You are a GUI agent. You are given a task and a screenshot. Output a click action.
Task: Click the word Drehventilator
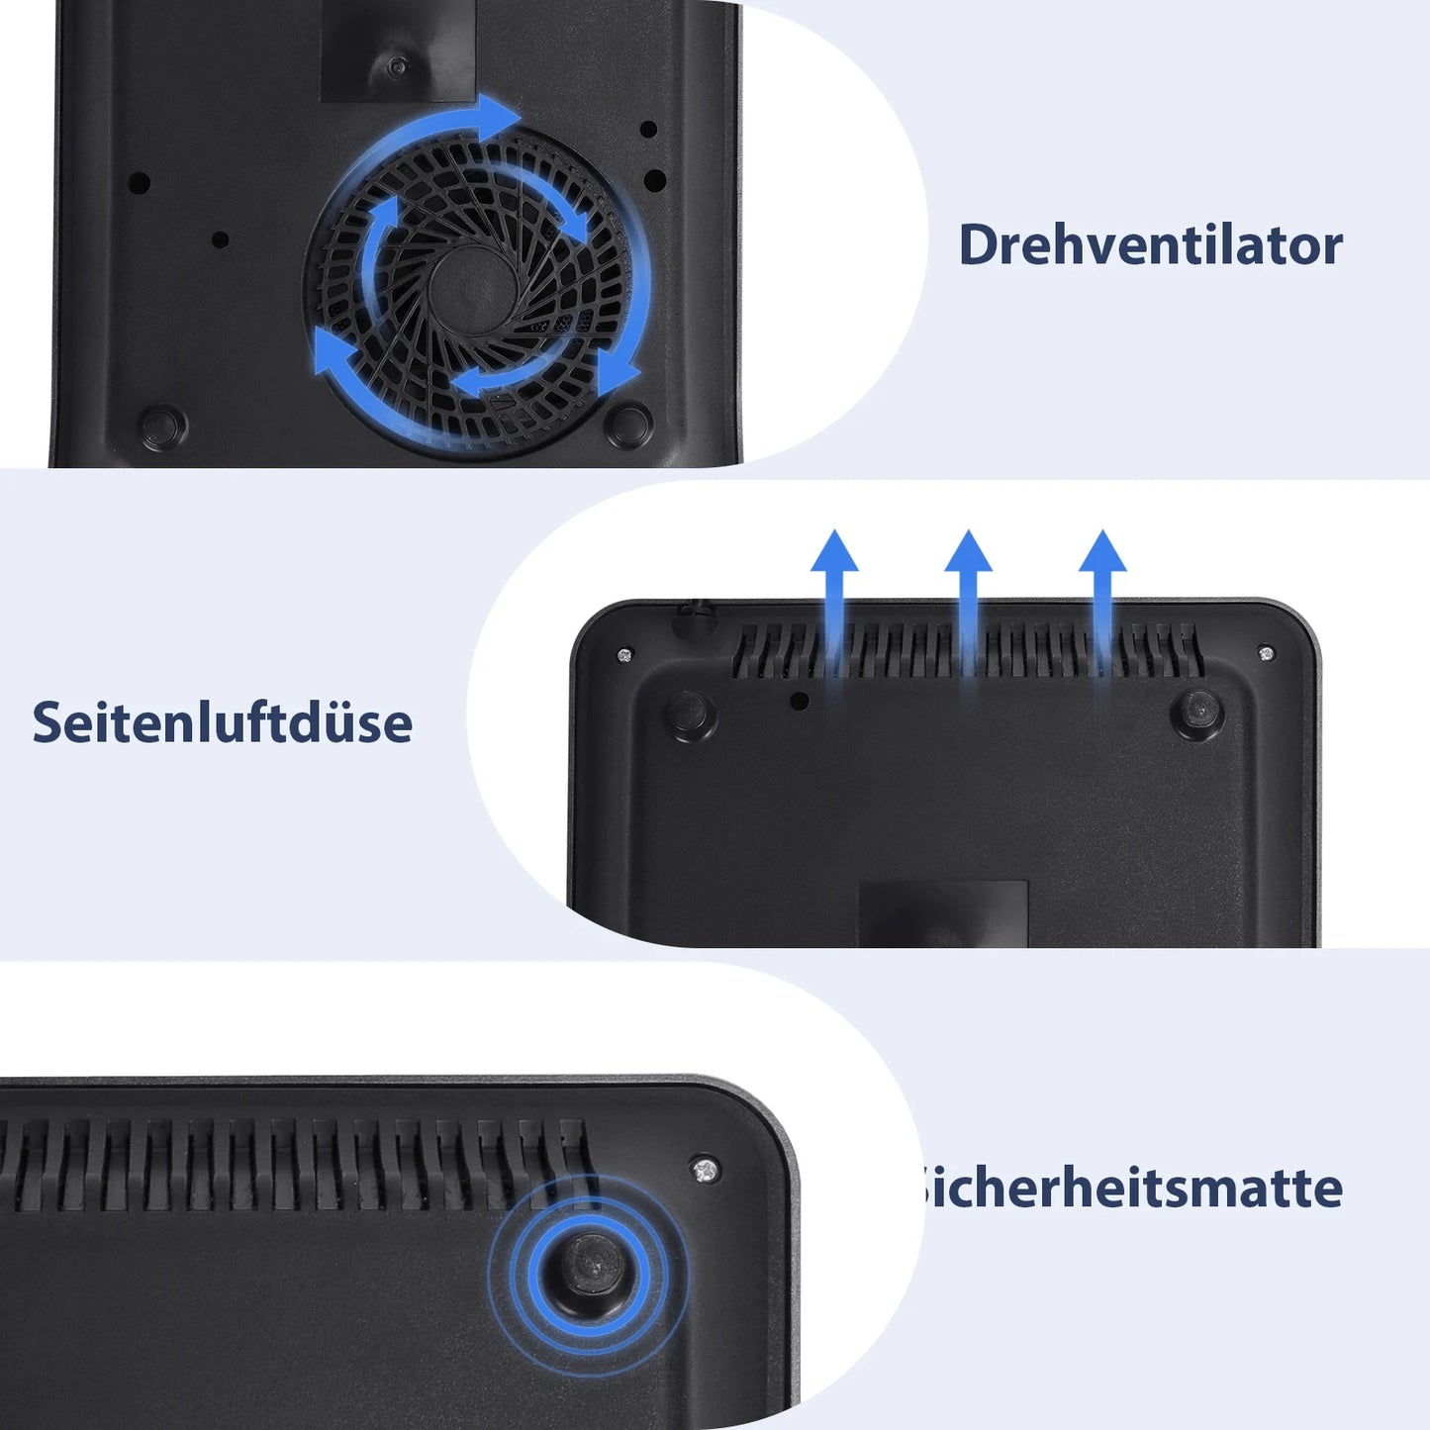(1150, 244)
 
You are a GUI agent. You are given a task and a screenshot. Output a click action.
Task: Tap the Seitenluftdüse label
(222, 722)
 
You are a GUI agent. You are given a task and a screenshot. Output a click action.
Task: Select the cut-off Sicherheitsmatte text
(1130, 1187)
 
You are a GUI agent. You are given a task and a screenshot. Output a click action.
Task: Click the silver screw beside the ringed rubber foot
(704, 1169)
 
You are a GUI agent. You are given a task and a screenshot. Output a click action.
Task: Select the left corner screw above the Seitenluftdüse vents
(624, 654)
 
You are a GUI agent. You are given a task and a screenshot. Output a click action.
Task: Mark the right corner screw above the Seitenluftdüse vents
(1265, 653)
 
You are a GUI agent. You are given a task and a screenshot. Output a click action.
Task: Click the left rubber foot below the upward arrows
(690, 714)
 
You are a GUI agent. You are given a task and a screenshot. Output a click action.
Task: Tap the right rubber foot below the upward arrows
(1196, 712)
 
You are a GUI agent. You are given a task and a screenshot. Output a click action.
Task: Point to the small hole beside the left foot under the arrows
(800, 701)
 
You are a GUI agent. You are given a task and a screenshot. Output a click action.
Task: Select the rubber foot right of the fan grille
(628, 425)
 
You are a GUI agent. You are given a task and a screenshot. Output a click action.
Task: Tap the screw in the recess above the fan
(398, 66)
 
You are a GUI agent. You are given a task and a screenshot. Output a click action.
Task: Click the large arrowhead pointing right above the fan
(500, 117)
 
